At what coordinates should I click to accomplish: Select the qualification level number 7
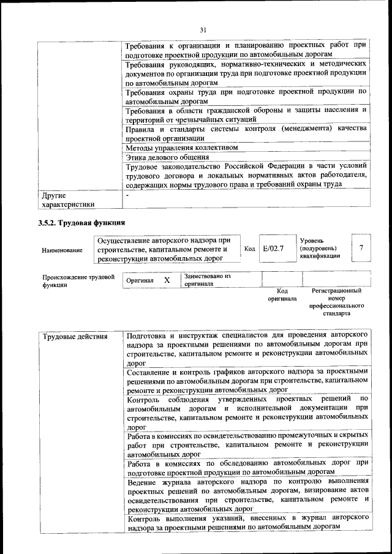coord(361,248)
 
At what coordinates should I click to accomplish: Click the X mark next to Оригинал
coord(167,280)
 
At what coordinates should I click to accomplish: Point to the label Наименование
coord(62,250)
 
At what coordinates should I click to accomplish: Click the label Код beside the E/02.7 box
coord(249,249)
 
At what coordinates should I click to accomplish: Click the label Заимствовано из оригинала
coord(207,280)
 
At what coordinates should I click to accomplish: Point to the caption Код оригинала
coord(282,295)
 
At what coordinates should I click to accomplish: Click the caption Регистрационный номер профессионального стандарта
coord(337,302)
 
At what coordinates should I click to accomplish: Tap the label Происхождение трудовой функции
coord(78,280)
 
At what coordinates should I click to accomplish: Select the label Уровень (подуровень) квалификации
coord(320,249)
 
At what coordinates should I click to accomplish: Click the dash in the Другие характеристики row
coord(127,195)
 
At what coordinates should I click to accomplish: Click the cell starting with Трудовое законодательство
coord(246,174)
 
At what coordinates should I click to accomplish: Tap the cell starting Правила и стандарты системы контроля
coord(246,133)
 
